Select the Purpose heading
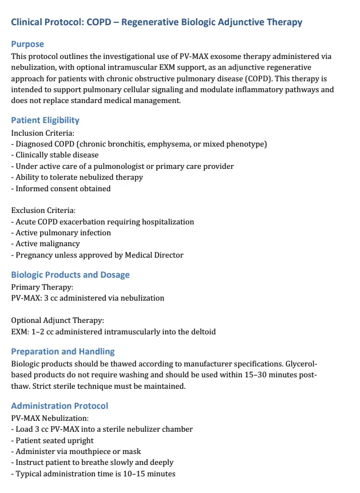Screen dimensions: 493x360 point(27,44)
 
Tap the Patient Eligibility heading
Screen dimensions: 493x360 point(45,120)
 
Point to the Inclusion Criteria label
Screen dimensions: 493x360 point(43,133)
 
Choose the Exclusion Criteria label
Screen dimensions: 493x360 point(43,211)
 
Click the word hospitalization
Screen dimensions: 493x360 point(166,222)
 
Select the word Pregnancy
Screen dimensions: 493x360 point(34,255)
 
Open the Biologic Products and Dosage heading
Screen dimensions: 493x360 point(70,274)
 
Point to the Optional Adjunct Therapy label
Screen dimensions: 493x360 point(58,321)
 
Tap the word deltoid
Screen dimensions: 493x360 point(201,332)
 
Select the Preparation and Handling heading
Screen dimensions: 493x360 point(63,351)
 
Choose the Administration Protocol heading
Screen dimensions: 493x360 point(60,406)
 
